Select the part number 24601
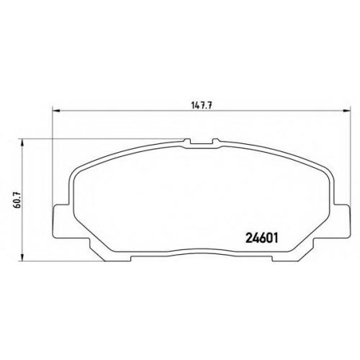261,238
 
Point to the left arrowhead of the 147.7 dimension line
55,111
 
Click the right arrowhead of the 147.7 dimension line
347,111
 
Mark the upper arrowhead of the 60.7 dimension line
22,143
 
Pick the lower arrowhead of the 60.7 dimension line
22,258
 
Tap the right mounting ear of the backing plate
341,221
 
